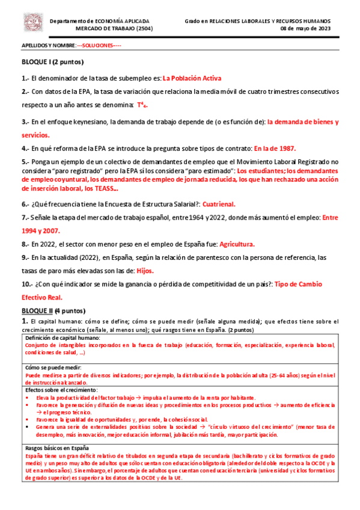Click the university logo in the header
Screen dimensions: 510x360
coord(34,23)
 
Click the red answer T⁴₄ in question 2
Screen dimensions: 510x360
coord(142,105)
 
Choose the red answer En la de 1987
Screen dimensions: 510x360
coord(275,149)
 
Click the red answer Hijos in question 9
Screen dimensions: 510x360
coord(146,271)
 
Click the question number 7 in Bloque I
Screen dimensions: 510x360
coord(25,217)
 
